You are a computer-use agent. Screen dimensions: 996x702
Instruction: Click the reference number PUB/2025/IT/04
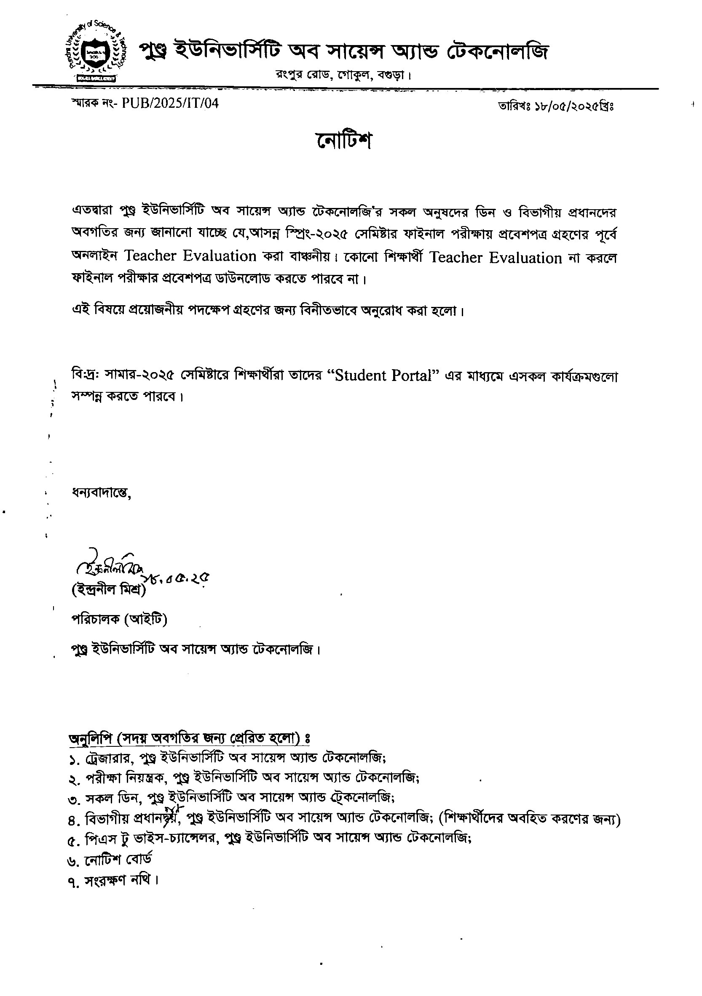(x=170, y=103)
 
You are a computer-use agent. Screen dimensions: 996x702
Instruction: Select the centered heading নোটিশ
(x=343, y=140)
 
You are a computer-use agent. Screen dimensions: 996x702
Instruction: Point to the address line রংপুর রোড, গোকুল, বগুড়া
(x=343, y=75)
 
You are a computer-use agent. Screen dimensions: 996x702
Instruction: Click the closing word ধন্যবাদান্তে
(x=101, y=493)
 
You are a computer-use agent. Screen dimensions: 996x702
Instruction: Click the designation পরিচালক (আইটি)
(x=119, y=619)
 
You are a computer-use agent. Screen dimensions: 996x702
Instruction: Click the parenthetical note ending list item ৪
(x=530, y=819)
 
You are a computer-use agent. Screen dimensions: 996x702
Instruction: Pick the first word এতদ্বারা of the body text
(x=92, y=212)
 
